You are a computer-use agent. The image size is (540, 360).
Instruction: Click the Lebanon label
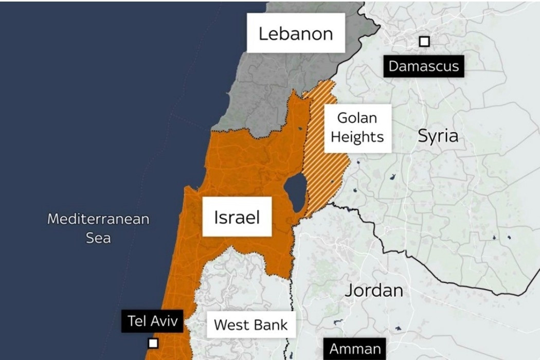pyautogui.click(x=295, y=33)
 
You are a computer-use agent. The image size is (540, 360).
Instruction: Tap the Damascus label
pyautogui.click(x=423, y=66)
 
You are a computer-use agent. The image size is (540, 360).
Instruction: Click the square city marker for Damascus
pyautogui.click(x=424, y=42)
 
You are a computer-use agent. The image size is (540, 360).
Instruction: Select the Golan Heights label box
pyautogui.click(x=357, y=128)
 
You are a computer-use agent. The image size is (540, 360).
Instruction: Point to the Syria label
pyautogui.click(x=438, y=136)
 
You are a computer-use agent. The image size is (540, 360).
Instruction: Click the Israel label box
pyautogui.click(x=237, y=217)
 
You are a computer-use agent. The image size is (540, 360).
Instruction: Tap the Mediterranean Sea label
pyautogui.click(x=98, y=228)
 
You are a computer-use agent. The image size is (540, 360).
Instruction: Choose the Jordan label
pyautogui.click(x=374, y=290)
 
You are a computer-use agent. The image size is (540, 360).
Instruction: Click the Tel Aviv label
pyautogui.click(x=153, y=322)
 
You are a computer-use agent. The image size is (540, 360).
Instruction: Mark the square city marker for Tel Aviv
pyautogui.click(x=152, y=343)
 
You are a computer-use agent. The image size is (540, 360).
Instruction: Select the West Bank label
pyautogui.click(x=251, y=325)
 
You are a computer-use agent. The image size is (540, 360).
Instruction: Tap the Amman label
pyautogui.click(x=355, y=349)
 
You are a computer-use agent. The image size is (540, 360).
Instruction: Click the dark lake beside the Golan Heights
pyautogui.click(x=295, y=192)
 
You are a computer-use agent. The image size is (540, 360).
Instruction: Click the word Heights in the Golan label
pyautogui.click(x=357, y=137)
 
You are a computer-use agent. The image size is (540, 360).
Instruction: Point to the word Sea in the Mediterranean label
pyautogui.click(x=98, y=238)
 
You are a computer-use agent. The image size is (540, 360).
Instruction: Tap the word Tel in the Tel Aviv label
pyautogui.click(x=137, y=322)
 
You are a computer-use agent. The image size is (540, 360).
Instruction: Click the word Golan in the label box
pyautogui.click(x=357, y=118)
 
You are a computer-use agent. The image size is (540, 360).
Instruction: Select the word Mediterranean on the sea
pyautogui.click(x=98, y=219)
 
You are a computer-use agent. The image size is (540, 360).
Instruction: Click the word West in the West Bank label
pyautogui.click(x=232, y=325)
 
